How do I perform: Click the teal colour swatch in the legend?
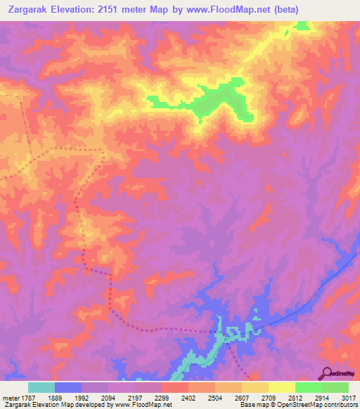(x=41, y=387)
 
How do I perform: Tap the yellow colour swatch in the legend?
(x=282, y=387)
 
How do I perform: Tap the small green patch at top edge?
(x=303, y=26)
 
